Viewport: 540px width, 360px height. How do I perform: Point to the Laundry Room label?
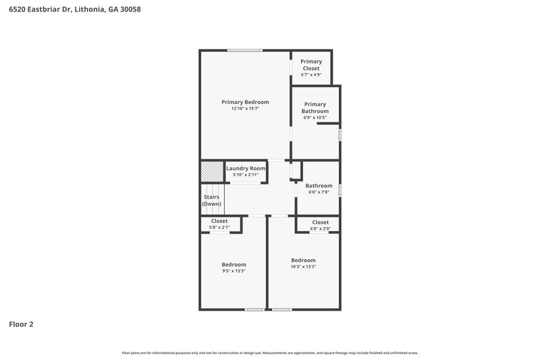pyautogui.click(x=246, y=168)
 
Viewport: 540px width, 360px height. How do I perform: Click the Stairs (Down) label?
pyautogui.click(x=212, y=200)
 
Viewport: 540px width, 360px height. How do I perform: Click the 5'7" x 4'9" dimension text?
pyautogui.click(x=311, y=74)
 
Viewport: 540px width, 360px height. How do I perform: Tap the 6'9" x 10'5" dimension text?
pyautogui.click(x=315, y=118)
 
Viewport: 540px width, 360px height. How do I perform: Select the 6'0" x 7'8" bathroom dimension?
pyautogui.click(x=319, y=192)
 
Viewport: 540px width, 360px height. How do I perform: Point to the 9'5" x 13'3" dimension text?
pyautogui.click(x=234, y=272)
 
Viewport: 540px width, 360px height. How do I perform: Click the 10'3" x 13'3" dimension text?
pyautogui.click(x=303, y=267)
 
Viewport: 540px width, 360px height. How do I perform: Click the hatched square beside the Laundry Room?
pyautogui.click(x=211, y=171)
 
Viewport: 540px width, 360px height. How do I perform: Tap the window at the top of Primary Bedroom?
pyautogui.click(x=244, y=51)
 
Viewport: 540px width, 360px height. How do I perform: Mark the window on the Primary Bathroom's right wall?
pyautogui.click(x=340, y=134)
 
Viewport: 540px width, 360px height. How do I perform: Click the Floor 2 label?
pyautogui.click(x=21, y=324)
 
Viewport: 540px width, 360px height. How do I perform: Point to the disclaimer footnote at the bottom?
pyautogui.click(x=270, y=353)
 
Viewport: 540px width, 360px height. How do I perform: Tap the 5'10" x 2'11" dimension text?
pyautogui.click(x=246, y=175)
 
